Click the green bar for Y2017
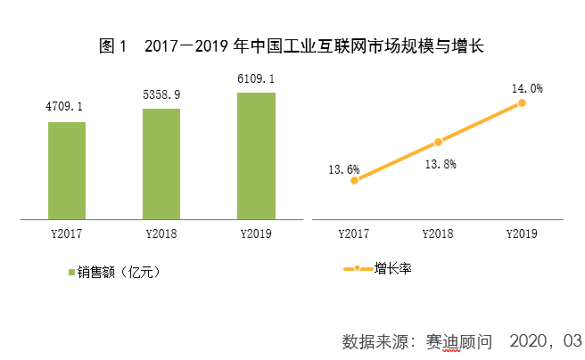pyautogui.click(x=67, y=170)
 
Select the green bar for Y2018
pyautogui.click(x=161, y=164)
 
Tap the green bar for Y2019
pyautogui.click(x=256, y=156)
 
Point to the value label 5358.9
pyautogui.click(x=161, y=94)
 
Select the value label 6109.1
pyautogui.click(x=256, y=78)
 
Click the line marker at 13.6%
pyautogui.click(x=355, y=180)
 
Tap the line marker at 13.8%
pyautogui.click(x=439, y=142)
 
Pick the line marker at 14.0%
pyautogui.click(x=522, y=103)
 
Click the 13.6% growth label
pyautogui.click(x=343, y=169)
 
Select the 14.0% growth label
pyautogui.click(x=527, y=88)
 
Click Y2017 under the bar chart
pyautogui.click(x=66, y=234)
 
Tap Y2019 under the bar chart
pyautogui.click(x=257, y=234)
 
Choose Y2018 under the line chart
pyautogui.click(x=438, y=234)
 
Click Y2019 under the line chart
pyautogui.click(x=522, y=234)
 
